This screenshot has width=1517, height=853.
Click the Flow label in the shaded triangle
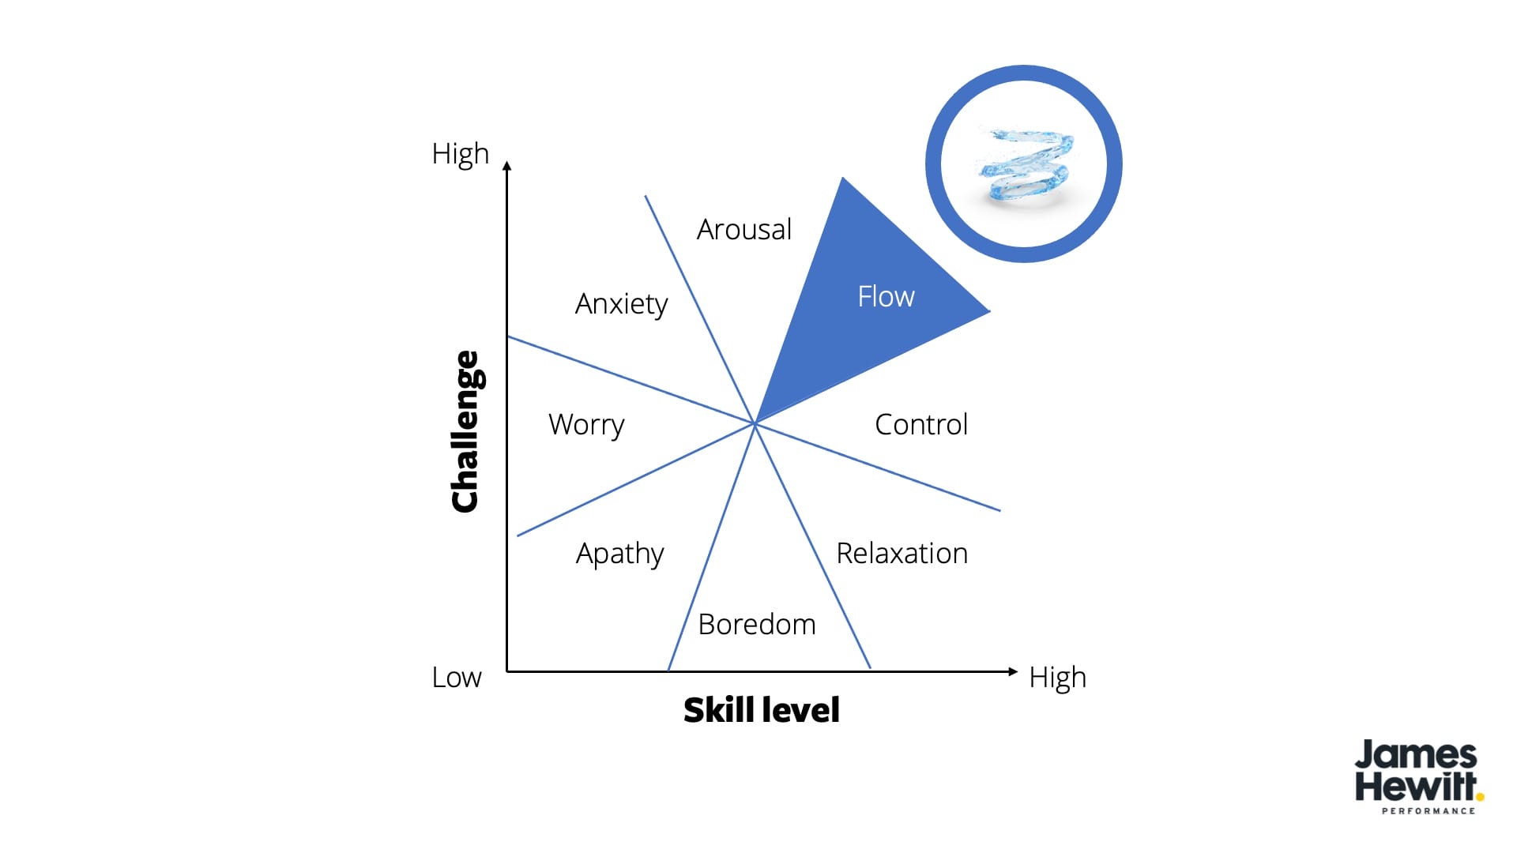point(886,297)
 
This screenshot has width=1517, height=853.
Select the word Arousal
point(743,230)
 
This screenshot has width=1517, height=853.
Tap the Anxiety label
point(621,304)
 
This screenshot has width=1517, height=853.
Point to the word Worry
point(586,425)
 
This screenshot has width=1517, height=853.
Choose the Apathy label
point(619,554)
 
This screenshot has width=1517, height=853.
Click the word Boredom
point(756,625)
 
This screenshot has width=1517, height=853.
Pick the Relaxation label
point(902,554)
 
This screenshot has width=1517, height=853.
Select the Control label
point(920,425)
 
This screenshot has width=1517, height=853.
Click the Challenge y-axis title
point(465,431)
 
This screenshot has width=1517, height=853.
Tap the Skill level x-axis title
point(761,710)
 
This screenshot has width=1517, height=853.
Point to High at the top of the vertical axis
point(460,154)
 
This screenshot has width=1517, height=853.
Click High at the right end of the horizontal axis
point(1057,678)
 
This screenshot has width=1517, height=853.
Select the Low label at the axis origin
point(456,678)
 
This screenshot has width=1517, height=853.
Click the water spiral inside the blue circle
point(1025,164)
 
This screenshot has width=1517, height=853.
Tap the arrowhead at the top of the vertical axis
point(507,166)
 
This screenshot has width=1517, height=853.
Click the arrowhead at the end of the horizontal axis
point(1013,671)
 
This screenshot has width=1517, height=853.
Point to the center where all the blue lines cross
point(755,424)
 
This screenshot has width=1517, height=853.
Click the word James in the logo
point(1415,755)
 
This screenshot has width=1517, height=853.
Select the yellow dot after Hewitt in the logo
point(1480,797)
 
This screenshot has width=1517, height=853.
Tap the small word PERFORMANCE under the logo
point(1428,811)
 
